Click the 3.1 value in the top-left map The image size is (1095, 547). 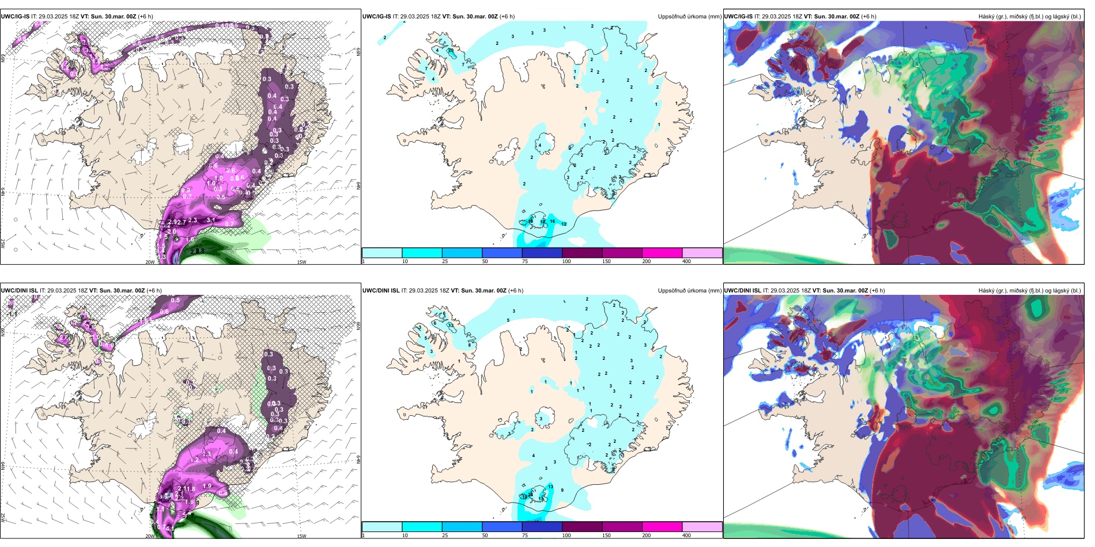coord(211,220)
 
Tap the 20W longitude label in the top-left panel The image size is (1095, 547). coord(150,262)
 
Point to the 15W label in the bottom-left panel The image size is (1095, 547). coord(301,536)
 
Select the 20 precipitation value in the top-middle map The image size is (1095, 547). coord(451,51)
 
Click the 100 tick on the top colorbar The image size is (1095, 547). coord(567,261)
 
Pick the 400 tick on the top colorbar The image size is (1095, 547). coord(686,261)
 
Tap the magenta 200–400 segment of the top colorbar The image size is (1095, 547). coord(662,253)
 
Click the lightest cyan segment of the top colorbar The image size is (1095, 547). coord(382,253)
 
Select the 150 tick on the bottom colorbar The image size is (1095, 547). coord(606,535)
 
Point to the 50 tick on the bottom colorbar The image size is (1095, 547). coord(485,535)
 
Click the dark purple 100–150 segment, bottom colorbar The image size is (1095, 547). coord(582,527)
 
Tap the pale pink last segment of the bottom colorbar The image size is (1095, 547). coord(702,527)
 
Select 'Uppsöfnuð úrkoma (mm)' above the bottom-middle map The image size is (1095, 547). coord(689,291)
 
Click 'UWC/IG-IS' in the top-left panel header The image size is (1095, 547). coord(15,17)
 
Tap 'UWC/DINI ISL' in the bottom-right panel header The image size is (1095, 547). coord(742,291)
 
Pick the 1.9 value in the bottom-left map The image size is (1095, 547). coord(207,487)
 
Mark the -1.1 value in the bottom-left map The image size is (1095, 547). coord(13,314)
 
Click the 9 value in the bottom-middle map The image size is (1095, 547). coord(562,491)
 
